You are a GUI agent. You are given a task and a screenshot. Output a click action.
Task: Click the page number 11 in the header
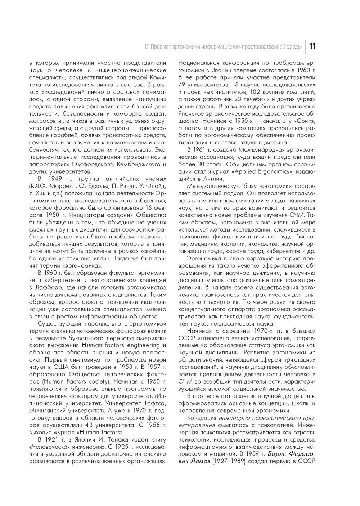click(312, 46)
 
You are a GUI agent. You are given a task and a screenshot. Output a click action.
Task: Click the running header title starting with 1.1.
click(223, 47)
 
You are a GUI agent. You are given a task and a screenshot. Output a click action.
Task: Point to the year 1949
click(55, 179)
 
